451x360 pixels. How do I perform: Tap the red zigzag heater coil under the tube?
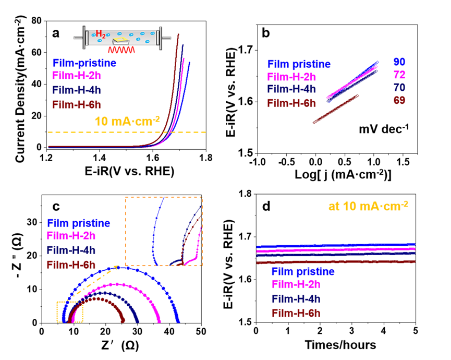point(121,50)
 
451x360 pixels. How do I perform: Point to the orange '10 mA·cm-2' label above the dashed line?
point(127,122)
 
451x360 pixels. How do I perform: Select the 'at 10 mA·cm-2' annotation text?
point(368,206)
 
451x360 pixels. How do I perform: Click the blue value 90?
point(399,62)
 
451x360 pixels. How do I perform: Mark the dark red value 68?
point(399,100)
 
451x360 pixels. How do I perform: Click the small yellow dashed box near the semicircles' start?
point(70,311)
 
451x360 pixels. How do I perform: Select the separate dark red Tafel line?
point(336,109)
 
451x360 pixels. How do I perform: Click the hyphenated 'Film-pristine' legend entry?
point(84,63)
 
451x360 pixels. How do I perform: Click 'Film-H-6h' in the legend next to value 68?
point(291,103)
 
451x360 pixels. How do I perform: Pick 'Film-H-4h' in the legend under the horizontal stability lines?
point(296,299)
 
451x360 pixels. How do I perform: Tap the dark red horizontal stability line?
point(336,262)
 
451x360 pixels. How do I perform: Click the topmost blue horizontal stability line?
point(336,244)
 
